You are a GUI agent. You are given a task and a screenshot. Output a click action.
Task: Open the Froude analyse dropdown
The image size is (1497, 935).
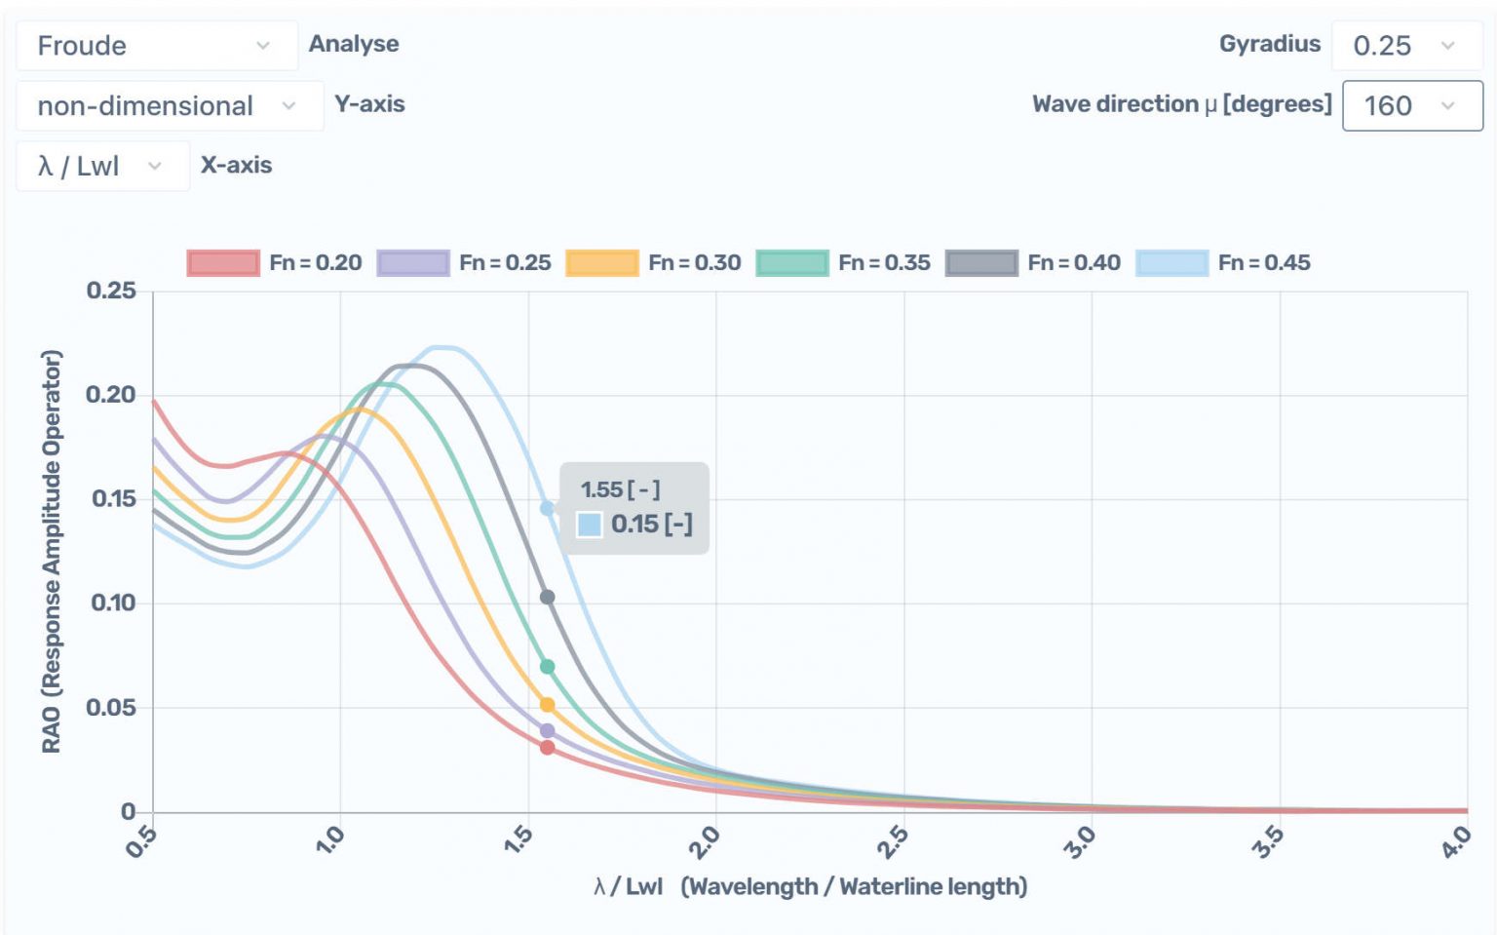pyautogui.click(x=156, y=46)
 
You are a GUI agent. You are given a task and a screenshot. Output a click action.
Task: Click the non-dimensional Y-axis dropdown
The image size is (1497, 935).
pyautogui.click(x=168, y=105)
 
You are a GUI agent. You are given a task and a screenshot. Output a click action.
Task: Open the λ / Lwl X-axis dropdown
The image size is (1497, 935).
pyautogui.click(x=101, y=166)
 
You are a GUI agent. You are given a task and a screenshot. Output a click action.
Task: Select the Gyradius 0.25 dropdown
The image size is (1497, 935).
pyautogui.click(x=1404, y=46)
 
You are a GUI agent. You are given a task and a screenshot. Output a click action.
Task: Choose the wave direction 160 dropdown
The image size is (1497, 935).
pyautogui.click(x=1411, y=105)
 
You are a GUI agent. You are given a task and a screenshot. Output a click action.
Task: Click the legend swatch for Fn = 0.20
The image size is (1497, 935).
pyautogui.click(x=223, y=263)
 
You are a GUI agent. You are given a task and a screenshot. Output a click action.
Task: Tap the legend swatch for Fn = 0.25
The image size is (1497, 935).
pyautogui.click(x=413, y=263)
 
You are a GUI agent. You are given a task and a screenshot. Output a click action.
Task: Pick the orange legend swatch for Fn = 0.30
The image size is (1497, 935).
pyautogui.click(x=602, y=263)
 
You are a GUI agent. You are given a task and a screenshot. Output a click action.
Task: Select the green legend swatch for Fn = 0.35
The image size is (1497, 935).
pyautogui.click(x=792, y=263)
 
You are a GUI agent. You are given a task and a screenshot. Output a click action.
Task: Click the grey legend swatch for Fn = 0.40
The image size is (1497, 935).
pyautogui.click(x=981, y=263)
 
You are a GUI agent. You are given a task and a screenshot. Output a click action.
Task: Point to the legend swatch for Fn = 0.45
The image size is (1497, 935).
pyautogui.click(x=1171, y=263)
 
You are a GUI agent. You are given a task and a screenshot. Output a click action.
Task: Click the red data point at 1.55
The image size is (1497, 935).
pyautogui.click(x=547, y=748)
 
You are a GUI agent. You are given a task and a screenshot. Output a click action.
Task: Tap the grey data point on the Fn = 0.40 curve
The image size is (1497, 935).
pyautogui.click(x=547, y=597)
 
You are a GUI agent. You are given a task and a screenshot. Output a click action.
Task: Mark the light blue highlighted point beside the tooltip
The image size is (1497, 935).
pyautogui.click(x=547, y=508)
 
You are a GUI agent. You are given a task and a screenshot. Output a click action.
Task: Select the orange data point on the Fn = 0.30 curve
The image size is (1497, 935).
pyautogui.click(x=547, y=705)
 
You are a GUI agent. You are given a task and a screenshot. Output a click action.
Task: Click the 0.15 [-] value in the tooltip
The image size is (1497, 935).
pyautogui.click(x=651, y=525)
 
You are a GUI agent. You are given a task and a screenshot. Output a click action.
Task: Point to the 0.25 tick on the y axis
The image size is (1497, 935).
pyautogui.click(x=111, y=291)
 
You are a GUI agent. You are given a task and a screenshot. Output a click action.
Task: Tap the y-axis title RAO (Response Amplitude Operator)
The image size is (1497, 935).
pyautogui.click(x=51, y=551)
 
